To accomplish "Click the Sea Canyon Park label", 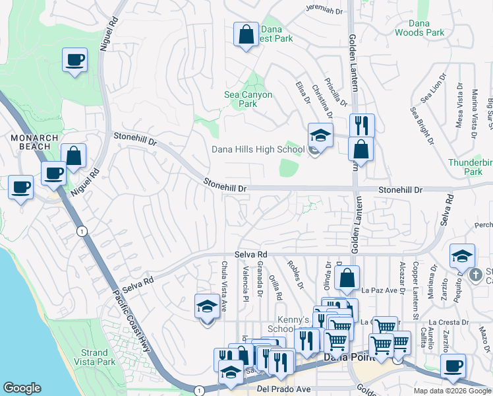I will [248, 99].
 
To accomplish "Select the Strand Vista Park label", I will [97, 357].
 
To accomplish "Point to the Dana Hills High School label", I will [258, 149].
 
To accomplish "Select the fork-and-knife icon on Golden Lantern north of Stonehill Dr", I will [361, 125].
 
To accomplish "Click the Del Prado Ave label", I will [283, 389].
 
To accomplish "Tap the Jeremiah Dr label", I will [324, 10].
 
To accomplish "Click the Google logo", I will [22, 388].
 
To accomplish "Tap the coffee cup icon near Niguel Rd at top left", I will [75, 61].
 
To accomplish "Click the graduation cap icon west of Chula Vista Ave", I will [207, 307].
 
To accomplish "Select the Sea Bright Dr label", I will [422, 125].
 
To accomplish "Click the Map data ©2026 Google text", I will [452, 391].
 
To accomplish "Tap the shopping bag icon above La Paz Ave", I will [347, 279].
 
